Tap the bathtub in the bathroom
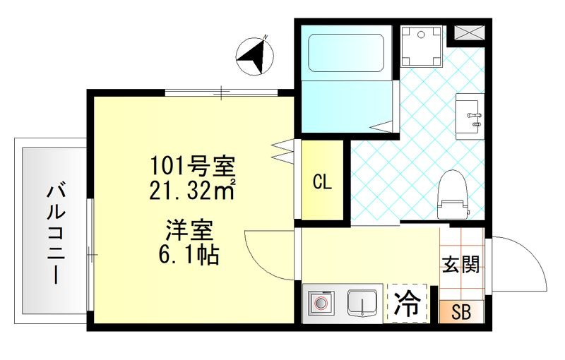click(345, 52)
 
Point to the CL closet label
click(322, 182)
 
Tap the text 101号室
click(191, 167)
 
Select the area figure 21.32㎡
click(191, 189)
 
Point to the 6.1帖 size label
click(189, 253)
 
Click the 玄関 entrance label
click(461, 264)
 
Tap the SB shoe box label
click(461, 311)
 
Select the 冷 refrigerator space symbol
click(408, 304)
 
